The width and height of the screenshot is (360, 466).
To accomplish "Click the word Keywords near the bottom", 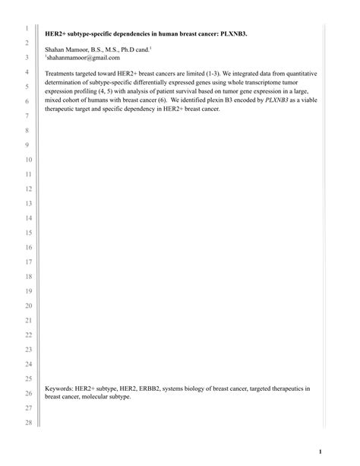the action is (x=60, y=388).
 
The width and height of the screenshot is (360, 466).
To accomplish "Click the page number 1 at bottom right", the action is (x=321, y=451).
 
